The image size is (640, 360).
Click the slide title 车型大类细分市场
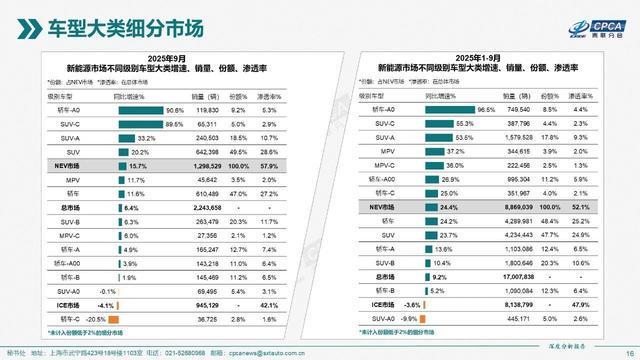(x=119, y=25)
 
